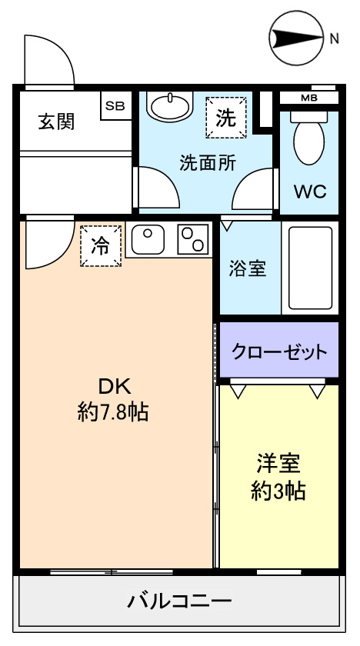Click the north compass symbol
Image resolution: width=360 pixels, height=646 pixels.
(x=296, y=38)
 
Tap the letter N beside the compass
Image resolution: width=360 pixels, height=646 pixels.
(x=334, y=38)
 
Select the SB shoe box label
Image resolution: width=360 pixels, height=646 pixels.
(x=115, y=105)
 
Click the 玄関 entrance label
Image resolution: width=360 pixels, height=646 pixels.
(x=57, y=122)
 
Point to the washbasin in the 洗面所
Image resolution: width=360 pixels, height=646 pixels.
(x=170, y=105)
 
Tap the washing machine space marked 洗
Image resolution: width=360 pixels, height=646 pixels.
(x=226, y=118)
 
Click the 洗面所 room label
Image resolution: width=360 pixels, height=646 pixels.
(x=208, y=163)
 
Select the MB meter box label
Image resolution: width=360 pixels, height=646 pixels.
(x=309, y=98)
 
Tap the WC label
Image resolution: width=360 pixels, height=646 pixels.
(x=310, y=191)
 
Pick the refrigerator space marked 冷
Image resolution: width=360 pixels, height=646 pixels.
(x=101, y=246)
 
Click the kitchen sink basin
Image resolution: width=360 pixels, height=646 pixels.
(x=148, y=240)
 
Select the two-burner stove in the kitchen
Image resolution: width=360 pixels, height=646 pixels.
(x=192, y=239)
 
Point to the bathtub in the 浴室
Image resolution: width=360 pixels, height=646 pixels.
(x=310, y=268)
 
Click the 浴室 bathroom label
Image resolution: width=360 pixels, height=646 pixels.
(x=248, y=269)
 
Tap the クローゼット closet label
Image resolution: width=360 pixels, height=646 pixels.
(x=279, y=352)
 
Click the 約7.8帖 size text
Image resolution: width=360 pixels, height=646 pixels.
(x=113, y=412)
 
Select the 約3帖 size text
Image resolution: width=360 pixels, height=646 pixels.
(x=278, y=491)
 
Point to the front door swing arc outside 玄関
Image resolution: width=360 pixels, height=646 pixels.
(x=62, y=49)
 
